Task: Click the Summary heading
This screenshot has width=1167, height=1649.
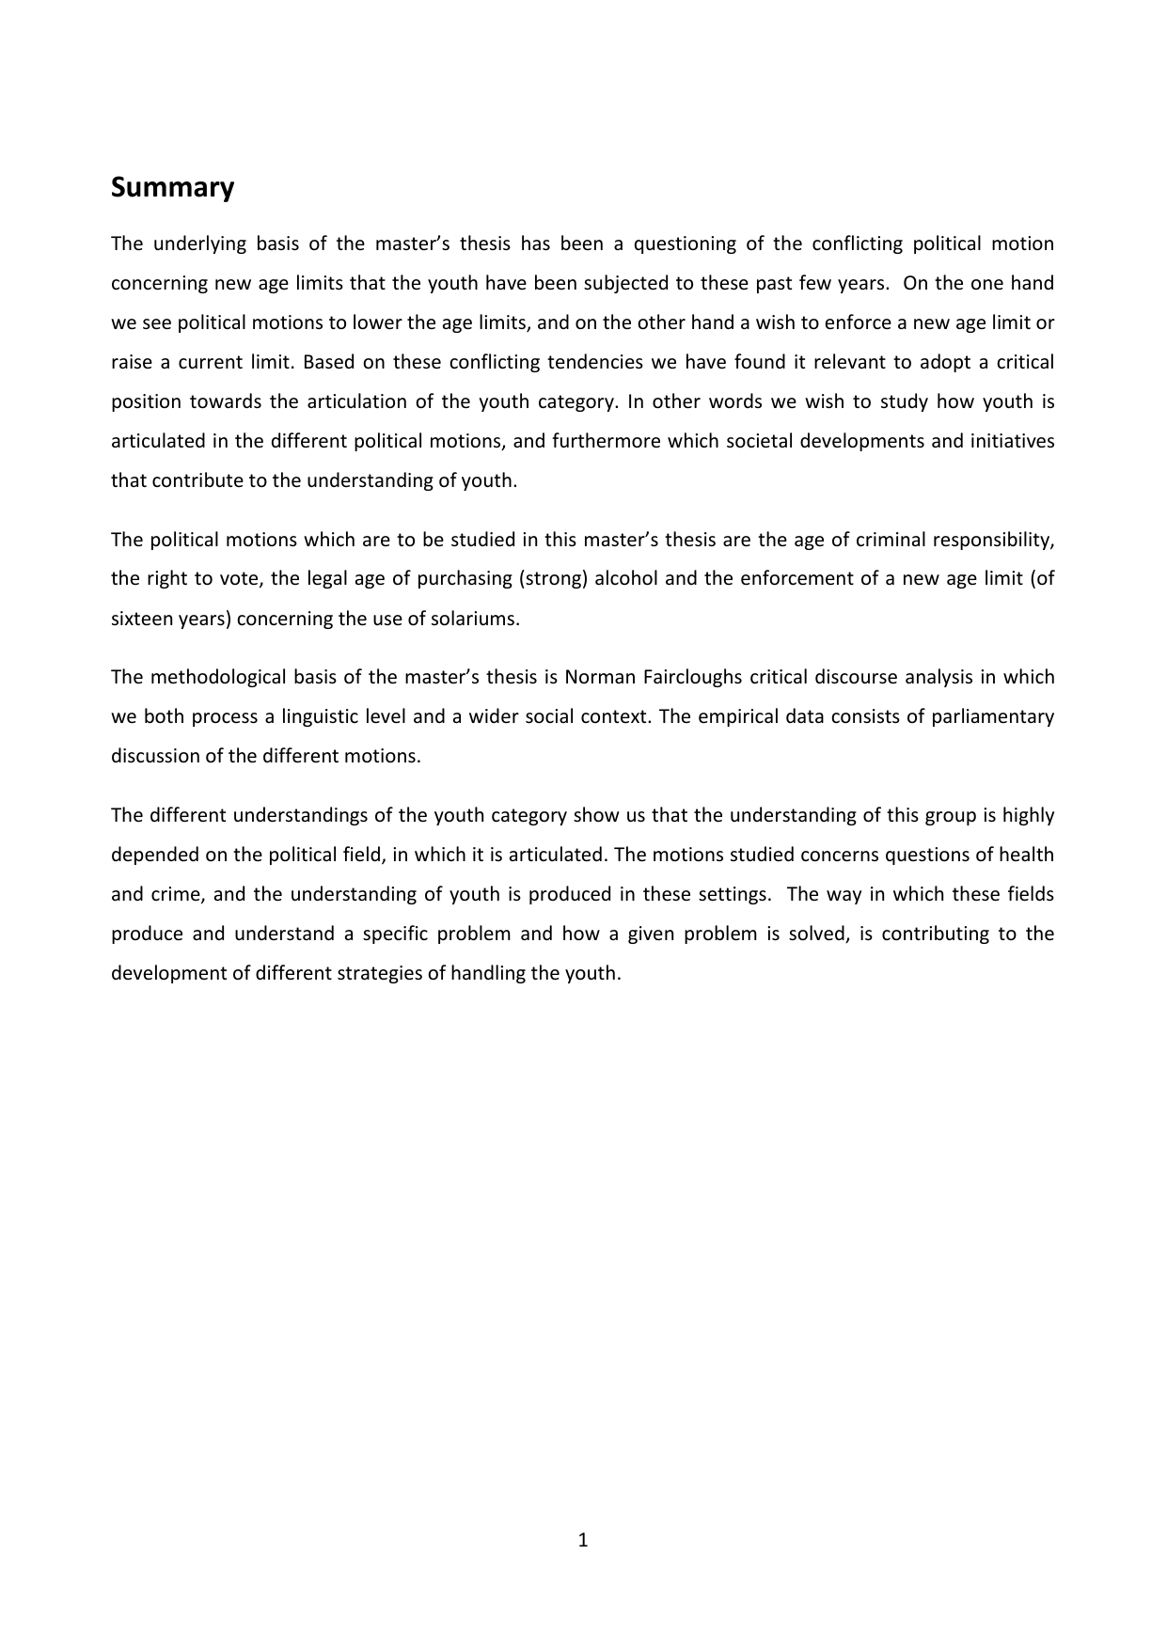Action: coord(172,188)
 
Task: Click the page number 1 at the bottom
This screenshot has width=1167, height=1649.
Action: coord(583,1540)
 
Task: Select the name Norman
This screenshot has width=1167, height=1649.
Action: coord(596,677)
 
